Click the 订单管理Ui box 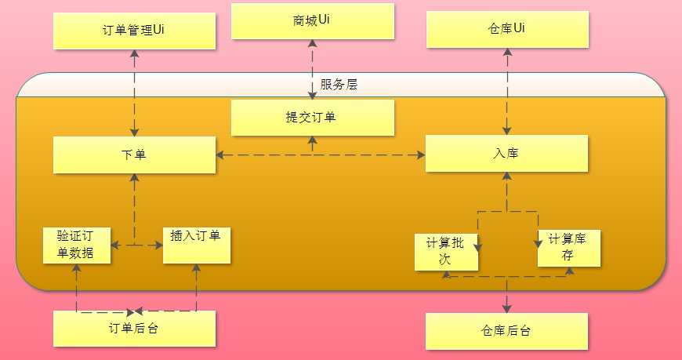[x=134, y=31]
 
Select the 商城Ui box [x=313, y=21]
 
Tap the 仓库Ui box [x=506, y=31]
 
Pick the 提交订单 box [x=313, y=118]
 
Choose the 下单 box [x=134, y=154]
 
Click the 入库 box [x=506, y=153]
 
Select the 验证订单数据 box [x=77, y=245]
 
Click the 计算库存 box [x=569, y=247]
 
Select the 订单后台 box [x=134, y=329]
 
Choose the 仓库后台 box [x=506, y=331]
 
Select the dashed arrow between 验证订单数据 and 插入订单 [x=137, y=245]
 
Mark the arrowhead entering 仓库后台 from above [x=507, y=307]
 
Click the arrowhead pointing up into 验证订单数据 [x=77, y=269]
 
